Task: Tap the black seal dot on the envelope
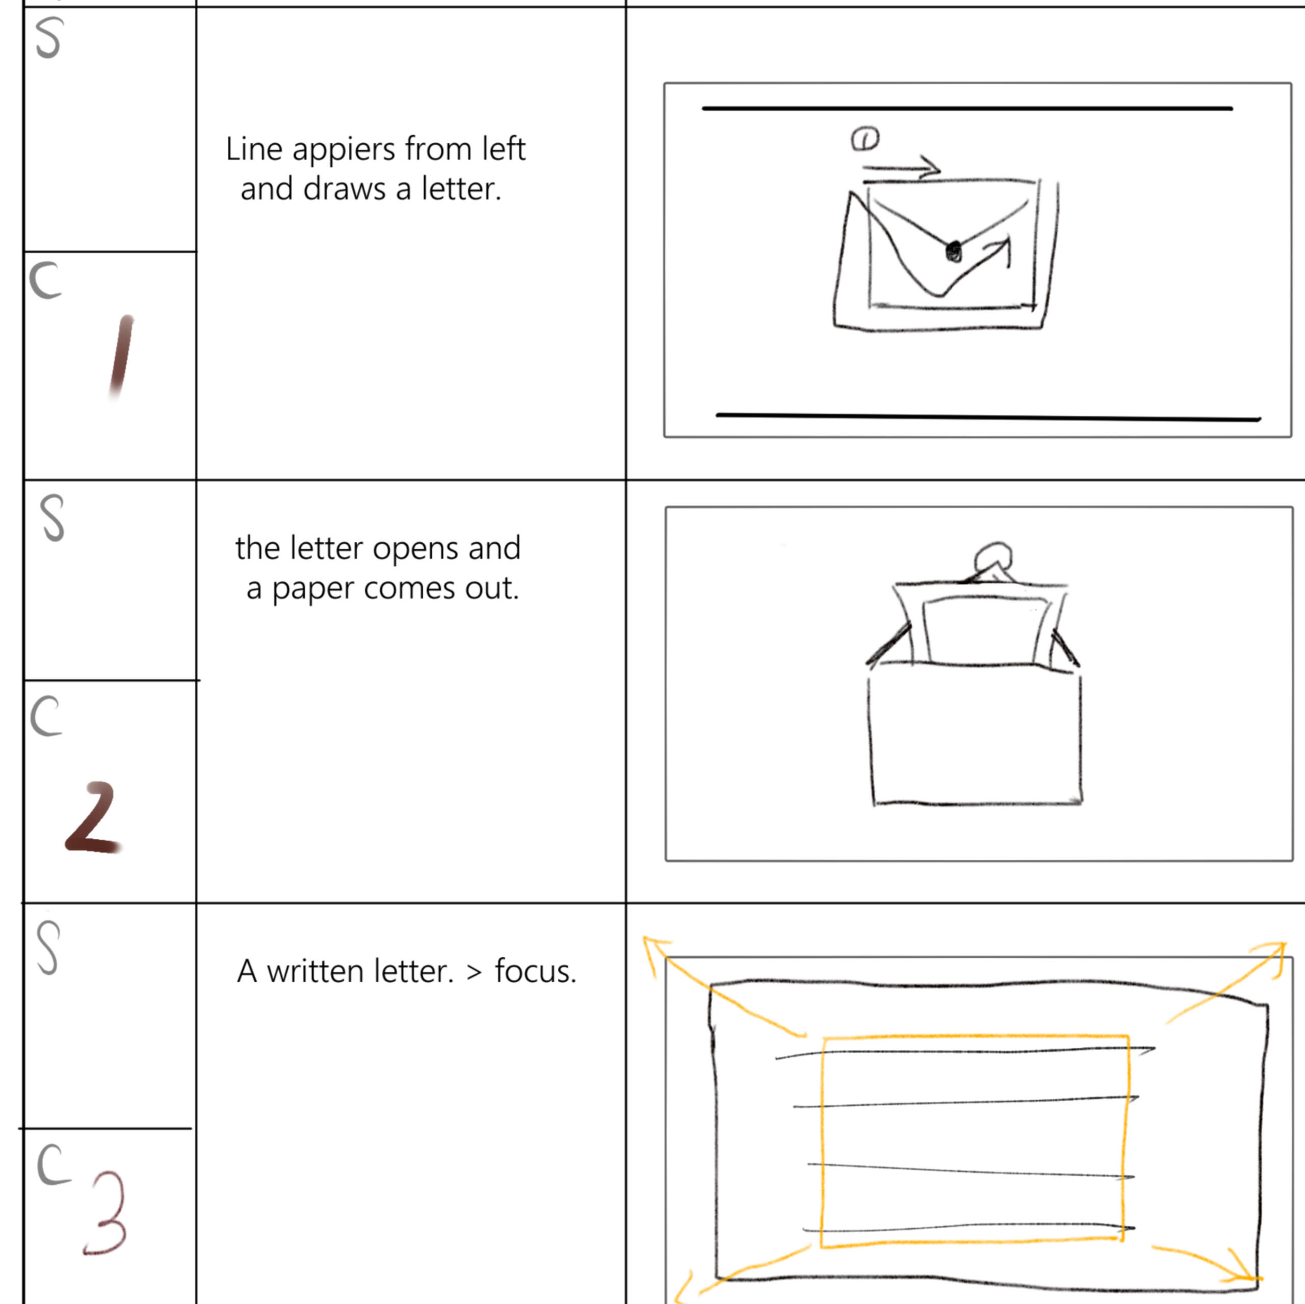click(x=954, y=251)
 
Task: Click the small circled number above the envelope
click(x=865, y=139)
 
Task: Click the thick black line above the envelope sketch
click(x=967, y=108)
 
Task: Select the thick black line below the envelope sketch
click(x=988, y=417)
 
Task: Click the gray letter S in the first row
click(x=48, y=38)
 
